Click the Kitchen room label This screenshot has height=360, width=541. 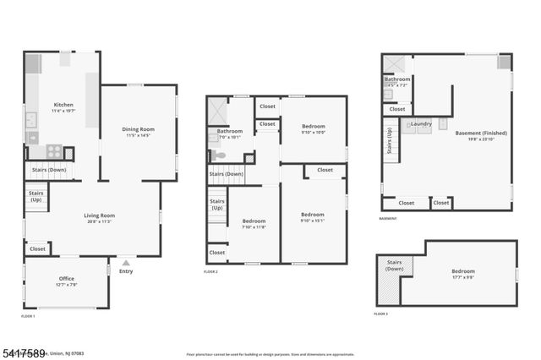(63, 104)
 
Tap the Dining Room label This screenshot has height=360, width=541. (138, 128)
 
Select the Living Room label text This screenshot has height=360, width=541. (99, 215)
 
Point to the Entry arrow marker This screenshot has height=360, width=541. (126, 263)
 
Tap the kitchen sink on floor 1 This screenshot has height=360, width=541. (31, 120)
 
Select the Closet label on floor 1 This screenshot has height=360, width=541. (37, 248)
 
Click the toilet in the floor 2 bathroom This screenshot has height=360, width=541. (218, 155)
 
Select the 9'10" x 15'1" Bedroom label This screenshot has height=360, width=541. (313, 215)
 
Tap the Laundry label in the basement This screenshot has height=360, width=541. (421, 124)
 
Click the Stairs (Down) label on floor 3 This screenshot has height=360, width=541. (394, 265)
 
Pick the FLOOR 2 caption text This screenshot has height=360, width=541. (210, 271)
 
